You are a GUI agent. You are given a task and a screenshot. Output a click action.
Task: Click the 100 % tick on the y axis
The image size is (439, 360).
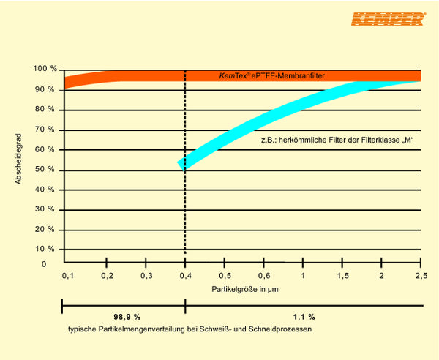coord(45,69)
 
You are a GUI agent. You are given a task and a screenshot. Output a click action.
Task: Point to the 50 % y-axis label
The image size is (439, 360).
coord(46,170)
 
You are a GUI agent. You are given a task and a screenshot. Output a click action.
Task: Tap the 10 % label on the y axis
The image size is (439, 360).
coord(46,249)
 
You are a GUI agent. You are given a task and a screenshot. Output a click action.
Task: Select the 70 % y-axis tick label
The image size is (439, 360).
coord(46,130)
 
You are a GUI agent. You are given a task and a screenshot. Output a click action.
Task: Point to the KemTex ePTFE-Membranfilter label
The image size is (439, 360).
coord(271,75)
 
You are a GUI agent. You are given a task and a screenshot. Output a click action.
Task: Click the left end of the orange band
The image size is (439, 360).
coord(66,82)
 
